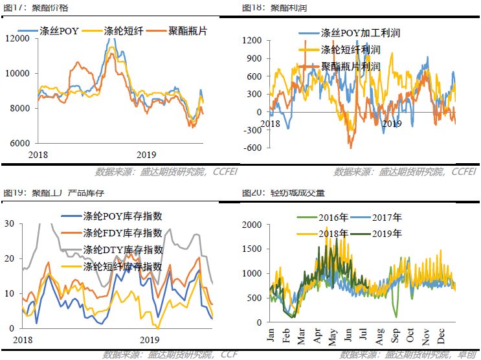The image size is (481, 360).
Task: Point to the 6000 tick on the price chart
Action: coord(20,142)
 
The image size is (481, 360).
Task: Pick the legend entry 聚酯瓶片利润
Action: coord(350,66)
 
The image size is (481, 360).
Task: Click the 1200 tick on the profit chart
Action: coord(251,40)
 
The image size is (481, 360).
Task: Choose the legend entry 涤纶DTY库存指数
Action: coord(122,250)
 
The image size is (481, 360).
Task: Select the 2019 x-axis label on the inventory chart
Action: coord(150,339)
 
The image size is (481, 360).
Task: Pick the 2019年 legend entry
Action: coord(387,233)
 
